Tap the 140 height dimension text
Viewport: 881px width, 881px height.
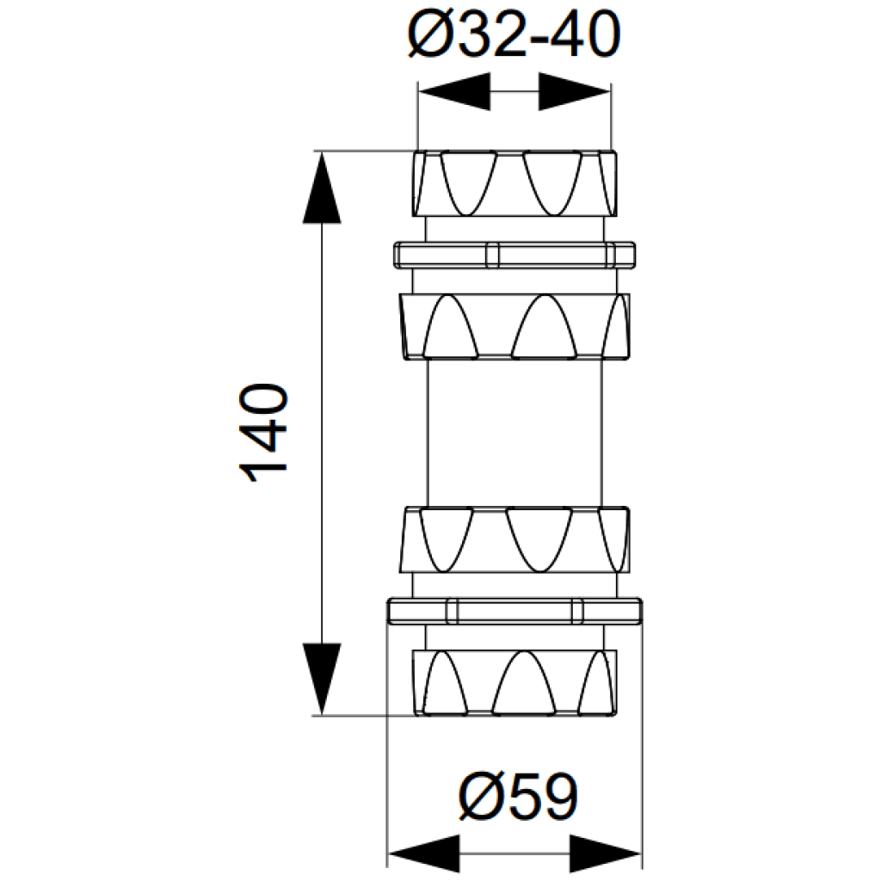pyautogui.click(x=263, y=433)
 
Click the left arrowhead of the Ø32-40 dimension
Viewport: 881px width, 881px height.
pyautogui.click(x=454, y=91)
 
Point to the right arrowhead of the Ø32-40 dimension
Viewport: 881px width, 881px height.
pyautogui.click(x=574, y=91)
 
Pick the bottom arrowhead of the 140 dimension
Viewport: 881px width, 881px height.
pyautogui.click(x=322, y=679)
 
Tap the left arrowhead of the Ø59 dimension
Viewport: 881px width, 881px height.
pyautogui.click(x=424, y=854)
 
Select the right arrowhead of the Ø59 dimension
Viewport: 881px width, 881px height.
pyautogui.click(x=606, y=854)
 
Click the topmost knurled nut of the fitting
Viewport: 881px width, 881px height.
pyautogui.click(x=514, y=183)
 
